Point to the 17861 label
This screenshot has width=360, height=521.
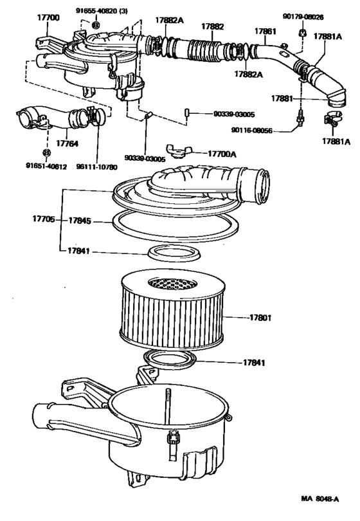pyautogui.click(x=264, y=30)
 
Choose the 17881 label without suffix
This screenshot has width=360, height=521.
pyautogui.click(x=281, y=98)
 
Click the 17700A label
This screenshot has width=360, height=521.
pyautogui.click(x=222, y=154)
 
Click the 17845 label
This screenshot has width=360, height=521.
pyautogui.click(x=80, y=221)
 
